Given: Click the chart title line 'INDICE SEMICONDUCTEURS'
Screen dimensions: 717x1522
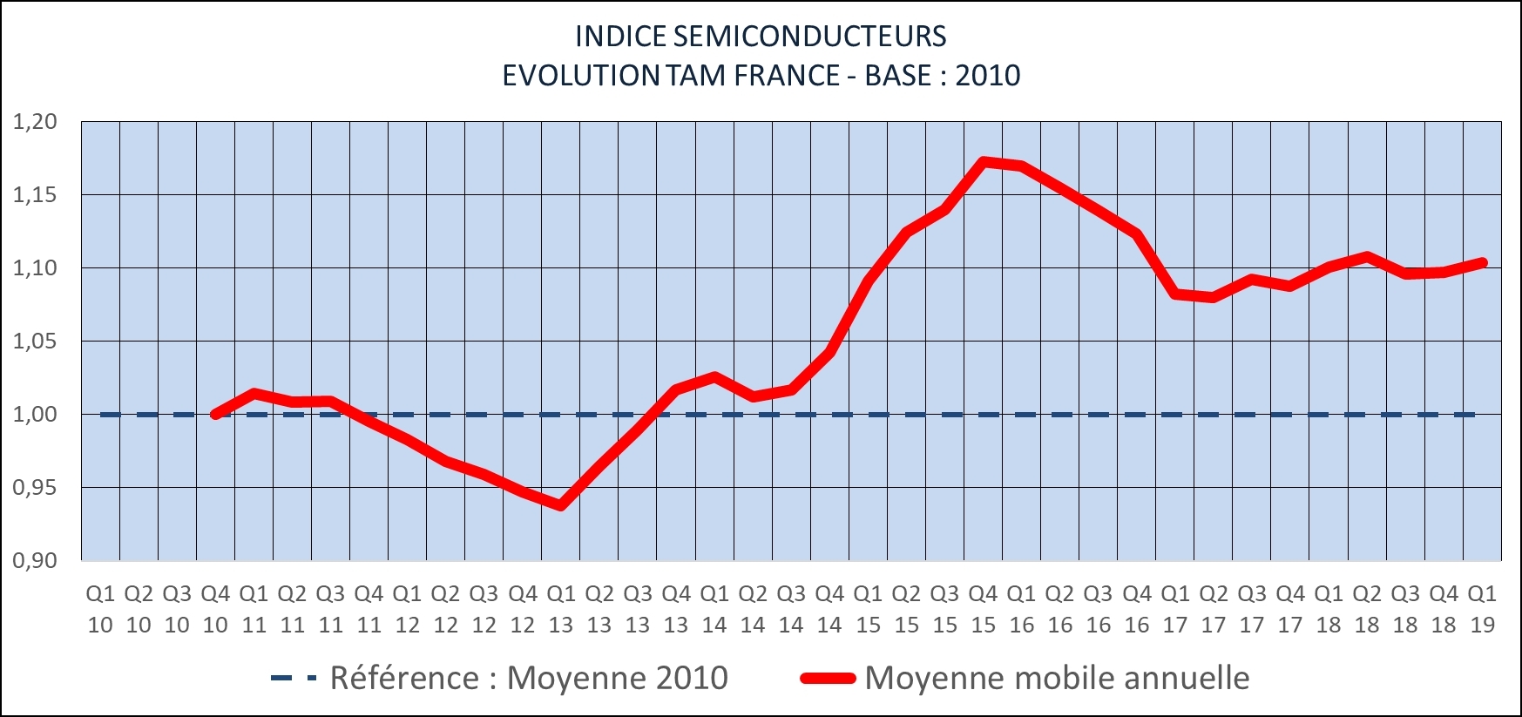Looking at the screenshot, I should click(761, 37).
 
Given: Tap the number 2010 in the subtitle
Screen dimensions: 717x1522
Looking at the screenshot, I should click(987, 76).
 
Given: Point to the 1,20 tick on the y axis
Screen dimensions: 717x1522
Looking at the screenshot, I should click(35, 122).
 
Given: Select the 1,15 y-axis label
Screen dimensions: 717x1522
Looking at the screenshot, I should click(35, 195).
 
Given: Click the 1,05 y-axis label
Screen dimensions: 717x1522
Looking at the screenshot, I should click(35, 342).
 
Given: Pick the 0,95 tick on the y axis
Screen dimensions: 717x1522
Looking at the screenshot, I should click(35, 488).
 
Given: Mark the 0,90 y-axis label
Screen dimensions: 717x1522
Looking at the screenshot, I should click(35, 561).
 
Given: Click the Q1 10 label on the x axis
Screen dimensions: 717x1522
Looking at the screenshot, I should click(100, 609).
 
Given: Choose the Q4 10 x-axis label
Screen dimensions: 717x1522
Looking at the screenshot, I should click(215, 609).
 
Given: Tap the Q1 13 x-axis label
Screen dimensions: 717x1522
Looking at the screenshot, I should click(561, 609).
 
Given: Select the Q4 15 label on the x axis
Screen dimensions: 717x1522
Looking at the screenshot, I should click(983, 609).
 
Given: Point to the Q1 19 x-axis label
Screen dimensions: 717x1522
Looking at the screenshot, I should click(1482, 609).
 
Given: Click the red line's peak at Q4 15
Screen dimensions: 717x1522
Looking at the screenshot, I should click(983, 161).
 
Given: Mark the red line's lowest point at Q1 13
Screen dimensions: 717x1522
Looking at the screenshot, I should click(561, 505).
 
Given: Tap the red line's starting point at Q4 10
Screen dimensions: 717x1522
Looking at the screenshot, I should click(215, 415).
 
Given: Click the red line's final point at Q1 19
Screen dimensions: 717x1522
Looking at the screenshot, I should click(1482, 262).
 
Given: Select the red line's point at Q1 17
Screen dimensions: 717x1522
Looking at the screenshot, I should click(1175, 294).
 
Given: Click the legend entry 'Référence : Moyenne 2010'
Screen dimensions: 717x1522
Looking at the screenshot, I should click(528, 678).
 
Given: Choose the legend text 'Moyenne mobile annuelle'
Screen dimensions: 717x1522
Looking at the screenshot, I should click(1057, 678).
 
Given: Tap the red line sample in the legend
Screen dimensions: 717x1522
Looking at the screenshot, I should click(828, 678).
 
